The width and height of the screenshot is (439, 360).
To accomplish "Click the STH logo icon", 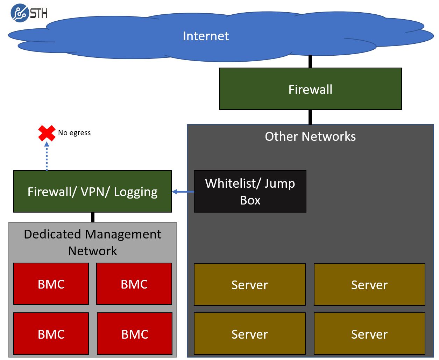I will coord(19,13).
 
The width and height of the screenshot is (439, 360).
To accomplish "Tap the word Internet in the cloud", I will coord(206,36).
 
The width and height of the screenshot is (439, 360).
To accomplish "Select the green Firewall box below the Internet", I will coord(310,89).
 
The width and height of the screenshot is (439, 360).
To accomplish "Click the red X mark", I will coord(47,133).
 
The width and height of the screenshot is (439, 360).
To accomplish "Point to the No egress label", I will coord(74,133).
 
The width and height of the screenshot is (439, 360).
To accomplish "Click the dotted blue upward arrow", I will coord(47,156).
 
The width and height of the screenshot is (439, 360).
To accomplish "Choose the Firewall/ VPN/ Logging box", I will coord(92,192).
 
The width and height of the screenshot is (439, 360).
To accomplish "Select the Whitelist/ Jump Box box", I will coord(250,192).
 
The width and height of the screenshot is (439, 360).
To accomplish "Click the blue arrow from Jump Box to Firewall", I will coord(183,192).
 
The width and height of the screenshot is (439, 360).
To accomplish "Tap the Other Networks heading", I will coord(310,136).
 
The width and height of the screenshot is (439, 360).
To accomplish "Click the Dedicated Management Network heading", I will coord(92,242).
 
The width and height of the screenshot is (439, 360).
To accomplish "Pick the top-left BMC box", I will coord(51,284).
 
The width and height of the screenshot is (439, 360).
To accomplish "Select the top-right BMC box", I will coord(134,284).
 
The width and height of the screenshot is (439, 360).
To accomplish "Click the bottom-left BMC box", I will coord(51,334).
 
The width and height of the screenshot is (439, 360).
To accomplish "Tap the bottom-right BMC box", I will coord(134,334).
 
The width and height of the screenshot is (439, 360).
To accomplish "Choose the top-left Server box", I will coord(249,285).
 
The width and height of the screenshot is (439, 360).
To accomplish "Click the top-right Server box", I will coord(369,285).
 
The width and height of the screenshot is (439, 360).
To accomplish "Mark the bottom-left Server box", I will coord(249,334).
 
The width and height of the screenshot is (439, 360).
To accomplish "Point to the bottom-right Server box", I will coord(369,334).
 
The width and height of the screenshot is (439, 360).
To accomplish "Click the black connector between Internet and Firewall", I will coord(310,62).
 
